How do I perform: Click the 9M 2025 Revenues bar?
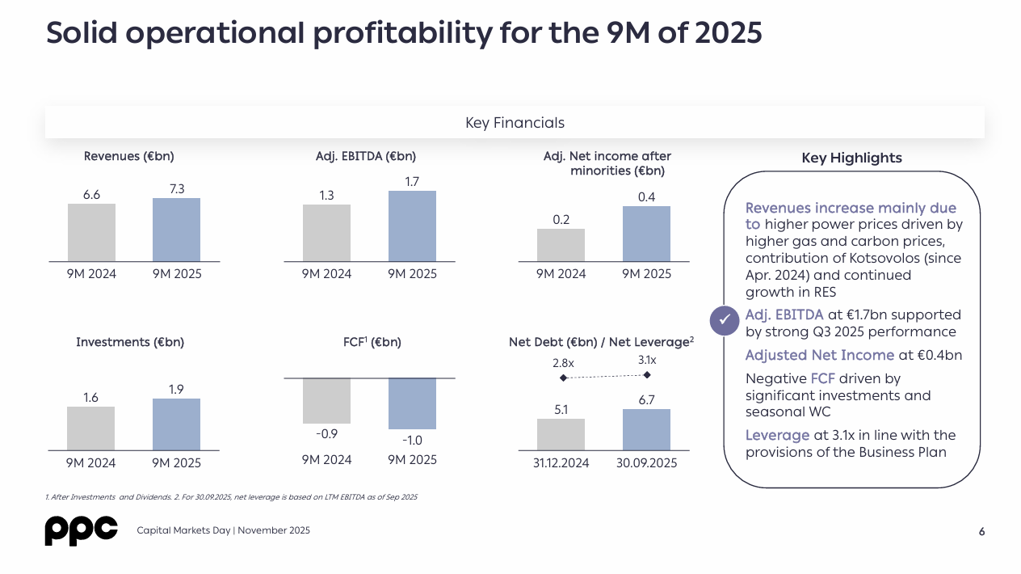click(x=176, y=230)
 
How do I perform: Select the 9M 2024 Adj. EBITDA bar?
click(x=326, y=233)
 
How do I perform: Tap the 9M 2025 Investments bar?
click(x=176, y=424)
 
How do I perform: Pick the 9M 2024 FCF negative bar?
click(x=326, y=401)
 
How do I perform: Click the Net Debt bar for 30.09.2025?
click(x=646, y=429)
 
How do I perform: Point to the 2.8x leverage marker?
click(x=563, y=378)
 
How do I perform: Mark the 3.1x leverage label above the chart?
click(x=647, y=360)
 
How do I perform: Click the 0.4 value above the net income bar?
click(x=646, y=196)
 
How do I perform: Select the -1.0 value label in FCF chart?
click(x=412, y=441)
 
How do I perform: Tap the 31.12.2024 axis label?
click(x=561, y=463)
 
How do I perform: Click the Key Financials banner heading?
click(x=515, y=123)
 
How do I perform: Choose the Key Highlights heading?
click(x=851, y=158)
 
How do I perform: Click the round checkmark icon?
click(x=724, y=321)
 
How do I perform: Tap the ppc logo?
click(x=81, y=530)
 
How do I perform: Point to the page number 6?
click(x=981, y=532)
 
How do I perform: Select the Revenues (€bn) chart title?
click(x=129, y=156)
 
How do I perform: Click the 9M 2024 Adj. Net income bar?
click(x=561, y=245)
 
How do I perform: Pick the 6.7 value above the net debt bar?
click(x=646, y=399)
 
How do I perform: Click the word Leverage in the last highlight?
click(x=777, y=436)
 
